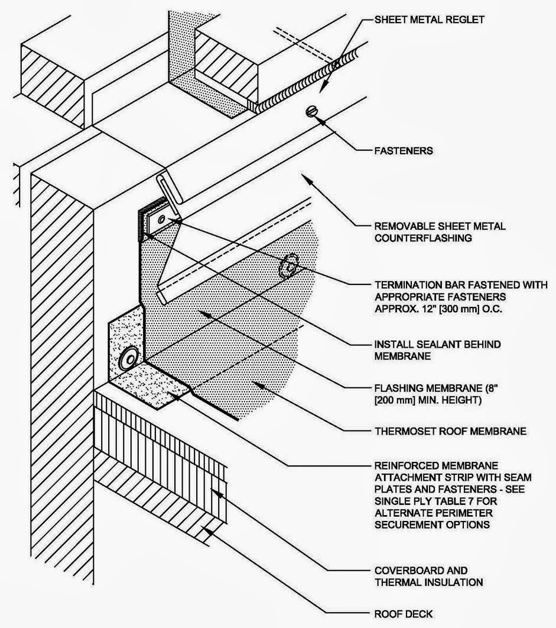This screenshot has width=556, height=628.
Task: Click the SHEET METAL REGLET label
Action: coord(430,20)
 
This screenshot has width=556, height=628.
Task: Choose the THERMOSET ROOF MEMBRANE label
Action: coord(450,432)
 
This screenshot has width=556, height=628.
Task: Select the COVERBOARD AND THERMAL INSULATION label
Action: coord(430,577)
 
